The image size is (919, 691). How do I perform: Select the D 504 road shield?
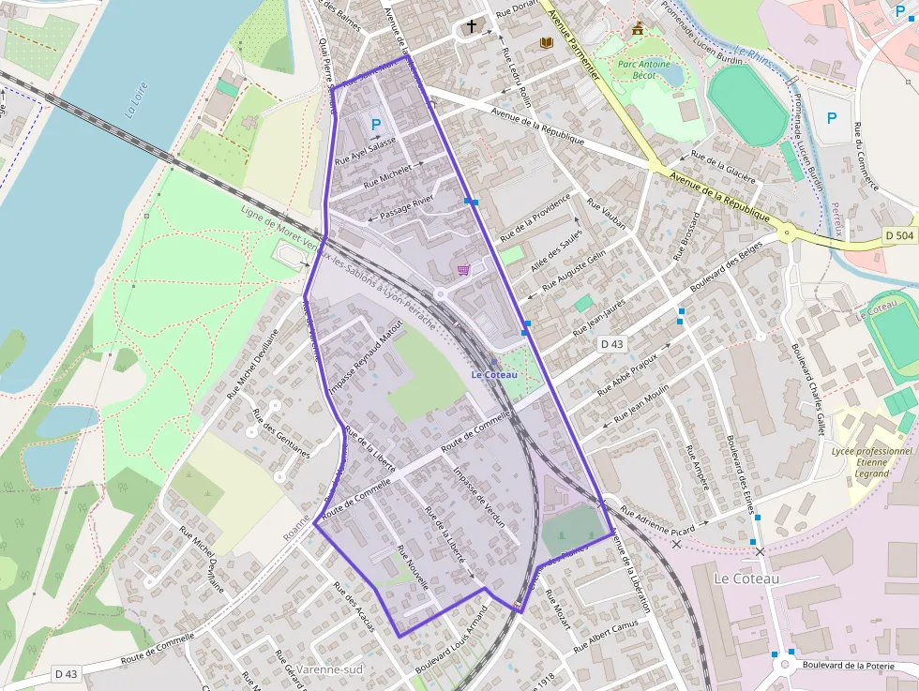(898, 236)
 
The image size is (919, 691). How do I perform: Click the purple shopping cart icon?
(463, 270)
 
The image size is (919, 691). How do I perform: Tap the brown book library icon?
(546, 42)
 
